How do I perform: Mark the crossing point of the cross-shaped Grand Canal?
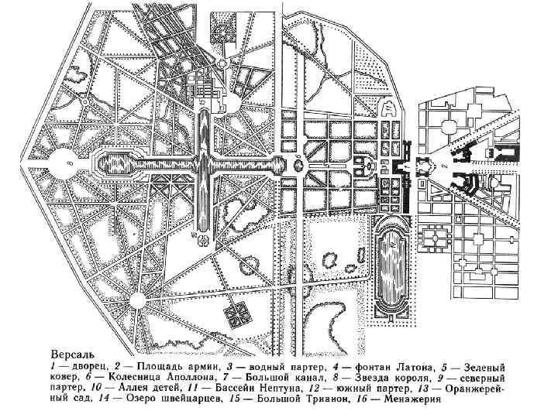204,164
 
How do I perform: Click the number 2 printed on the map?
443,164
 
